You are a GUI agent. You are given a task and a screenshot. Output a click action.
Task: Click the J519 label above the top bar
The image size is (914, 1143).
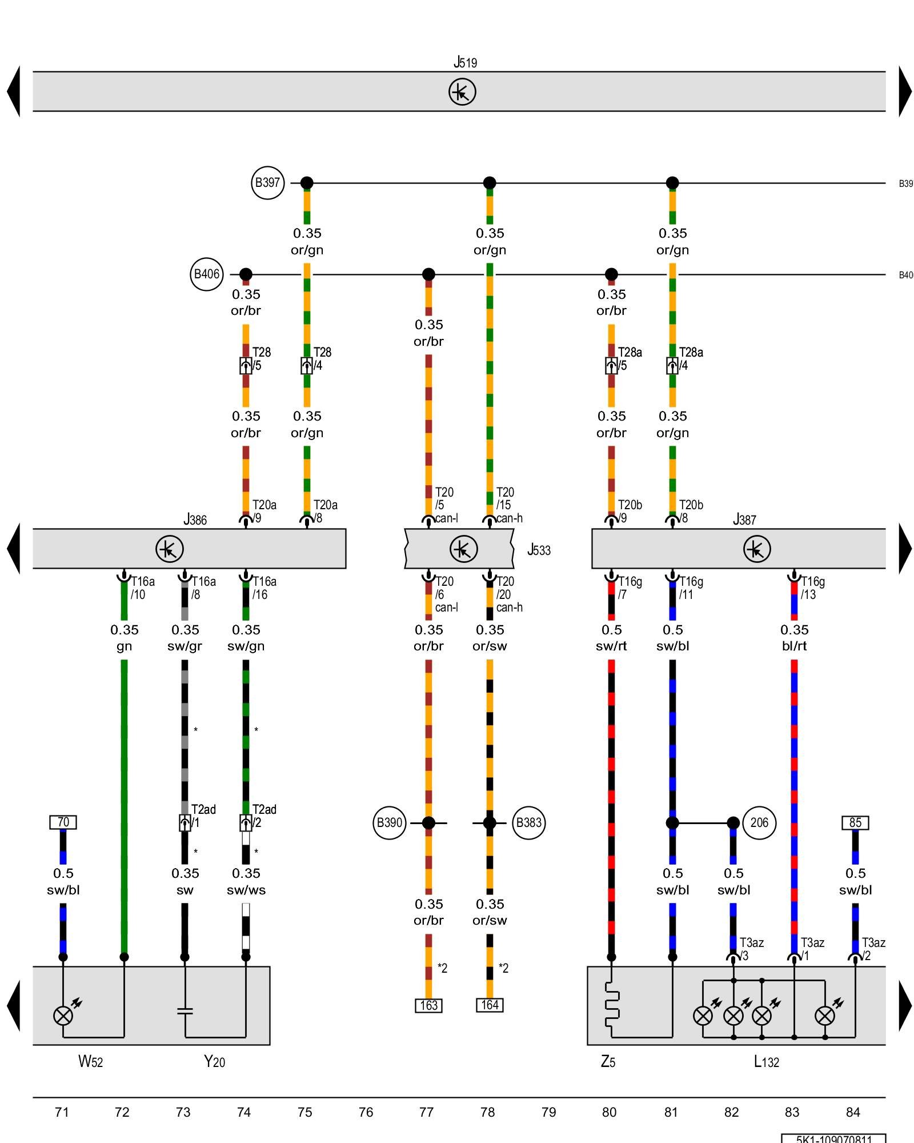tap(465, 62)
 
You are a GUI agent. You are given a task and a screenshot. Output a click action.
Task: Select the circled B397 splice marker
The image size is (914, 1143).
tap(267, 183)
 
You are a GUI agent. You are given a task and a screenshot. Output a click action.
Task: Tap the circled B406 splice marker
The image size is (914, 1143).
tap(206, 274)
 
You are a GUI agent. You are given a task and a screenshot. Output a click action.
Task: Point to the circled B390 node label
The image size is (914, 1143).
tap(389, 823)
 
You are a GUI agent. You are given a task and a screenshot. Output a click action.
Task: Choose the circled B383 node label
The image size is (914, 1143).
tap(528, 823)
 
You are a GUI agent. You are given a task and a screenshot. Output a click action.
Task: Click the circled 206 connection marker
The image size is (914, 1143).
tap(759, 823)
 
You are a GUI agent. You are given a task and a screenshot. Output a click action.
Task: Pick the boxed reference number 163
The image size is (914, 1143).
tap(428, 1005)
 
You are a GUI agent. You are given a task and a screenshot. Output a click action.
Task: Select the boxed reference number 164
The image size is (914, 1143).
tap(490, 1005)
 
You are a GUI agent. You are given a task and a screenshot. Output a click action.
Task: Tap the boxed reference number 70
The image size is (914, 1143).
tap(63, 822)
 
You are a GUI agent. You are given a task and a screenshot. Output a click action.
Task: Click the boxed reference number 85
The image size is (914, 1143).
tap(855, 823)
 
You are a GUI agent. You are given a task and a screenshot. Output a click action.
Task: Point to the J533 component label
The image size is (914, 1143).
tap(539, 550)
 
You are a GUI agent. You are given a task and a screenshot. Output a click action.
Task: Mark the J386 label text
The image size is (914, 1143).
tap(195, 519)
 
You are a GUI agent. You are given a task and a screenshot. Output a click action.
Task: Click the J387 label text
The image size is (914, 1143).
tap(744, 519)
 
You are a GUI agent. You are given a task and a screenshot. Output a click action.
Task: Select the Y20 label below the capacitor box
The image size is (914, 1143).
tap(214, 1062)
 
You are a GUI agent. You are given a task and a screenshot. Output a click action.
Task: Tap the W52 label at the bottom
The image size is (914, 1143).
tap(90, 1062)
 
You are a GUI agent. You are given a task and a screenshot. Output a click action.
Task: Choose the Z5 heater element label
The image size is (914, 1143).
tap(608, 1062)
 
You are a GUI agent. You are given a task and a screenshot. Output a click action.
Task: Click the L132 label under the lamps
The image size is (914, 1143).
tap(766, 1062)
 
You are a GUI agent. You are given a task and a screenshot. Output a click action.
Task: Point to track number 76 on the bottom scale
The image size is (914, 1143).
tap(366, 1112)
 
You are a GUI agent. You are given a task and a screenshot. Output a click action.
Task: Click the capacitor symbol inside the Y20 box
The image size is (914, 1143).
tap(185, 1011)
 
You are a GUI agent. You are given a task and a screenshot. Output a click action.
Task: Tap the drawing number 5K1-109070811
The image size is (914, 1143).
tap(833, 1138)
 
